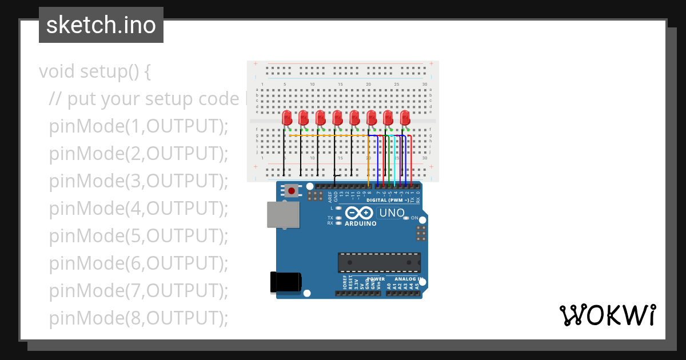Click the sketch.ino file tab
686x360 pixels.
click(x=101, y=25)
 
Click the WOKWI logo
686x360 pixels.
click(x=607, y=315)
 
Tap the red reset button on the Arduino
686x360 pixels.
click(x=292, y=190)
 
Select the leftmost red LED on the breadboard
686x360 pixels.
click(x=286, y=118)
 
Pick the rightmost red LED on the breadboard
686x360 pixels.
click(x=405, y=118)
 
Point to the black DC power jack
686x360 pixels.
click(x=285, y=282)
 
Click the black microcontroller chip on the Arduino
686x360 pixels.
click(x=379, y=262)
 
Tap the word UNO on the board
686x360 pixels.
click(x=392, y=213)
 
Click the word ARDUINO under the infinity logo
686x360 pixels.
click(x=360, y=223)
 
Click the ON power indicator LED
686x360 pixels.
click(x=406, y=218)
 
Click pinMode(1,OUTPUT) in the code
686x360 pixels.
click(x=138, y=126)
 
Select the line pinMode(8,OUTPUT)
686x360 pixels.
click(x=138, y=318)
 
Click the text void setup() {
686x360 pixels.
click(x=95, y=71)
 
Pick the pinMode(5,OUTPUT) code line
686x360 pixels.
click(x=138, y=235)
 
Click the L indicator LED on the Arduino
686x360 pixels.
click(x=339, y=208)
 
